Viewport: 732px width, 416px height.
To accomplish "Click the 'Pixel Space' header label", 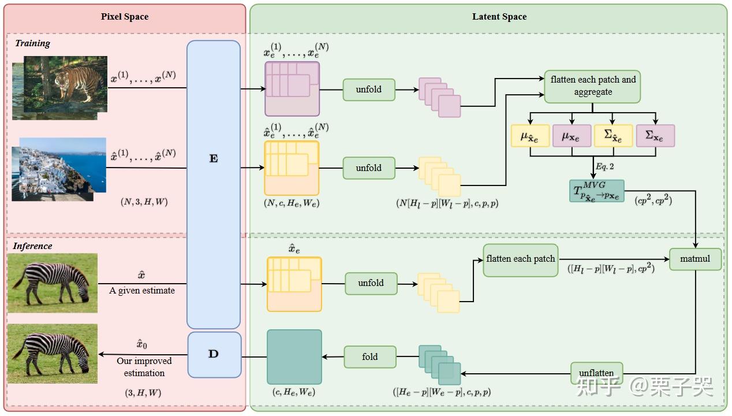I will coord(125,17).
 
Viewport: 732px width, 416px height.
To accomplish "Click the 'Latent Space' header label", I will coord(499,17).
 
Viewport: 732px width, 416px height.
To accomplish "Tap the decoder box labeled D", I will coord(214,354).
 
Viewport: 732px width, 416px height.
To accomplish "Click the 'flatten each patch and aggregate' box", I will coord(592,86).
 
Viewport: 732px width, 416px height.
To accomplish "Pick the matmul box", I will coord(695,259).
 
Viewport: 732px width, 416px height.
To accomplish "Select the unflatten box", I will coord(596,373).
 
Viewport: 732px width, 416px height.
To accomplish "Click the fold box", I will coord(370,357).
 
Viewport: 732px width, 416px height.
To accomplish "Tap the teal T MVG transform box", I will coord(596,191).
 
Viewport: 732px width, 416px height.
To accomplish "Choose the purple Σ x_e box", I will coord(655,136).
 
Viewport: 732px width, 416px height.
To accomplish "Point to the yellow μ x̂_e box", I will coord(530,136).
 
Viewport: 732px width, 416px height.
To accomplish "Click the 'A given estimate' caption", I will coord(142,291).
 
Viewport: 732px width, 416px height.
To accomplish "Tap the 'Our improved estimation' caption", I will coord(144,367).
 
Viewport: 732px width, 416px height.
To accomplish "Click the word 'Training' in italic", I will coord(32,43).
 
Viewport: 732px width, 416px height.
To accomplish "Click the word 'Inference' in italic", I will coord(32,246).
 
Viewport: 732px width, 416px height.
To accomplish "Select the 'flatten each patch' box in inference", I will coord(520,259).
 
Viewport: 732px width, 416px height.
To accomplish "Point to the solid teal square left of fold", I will coord(294,356).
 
